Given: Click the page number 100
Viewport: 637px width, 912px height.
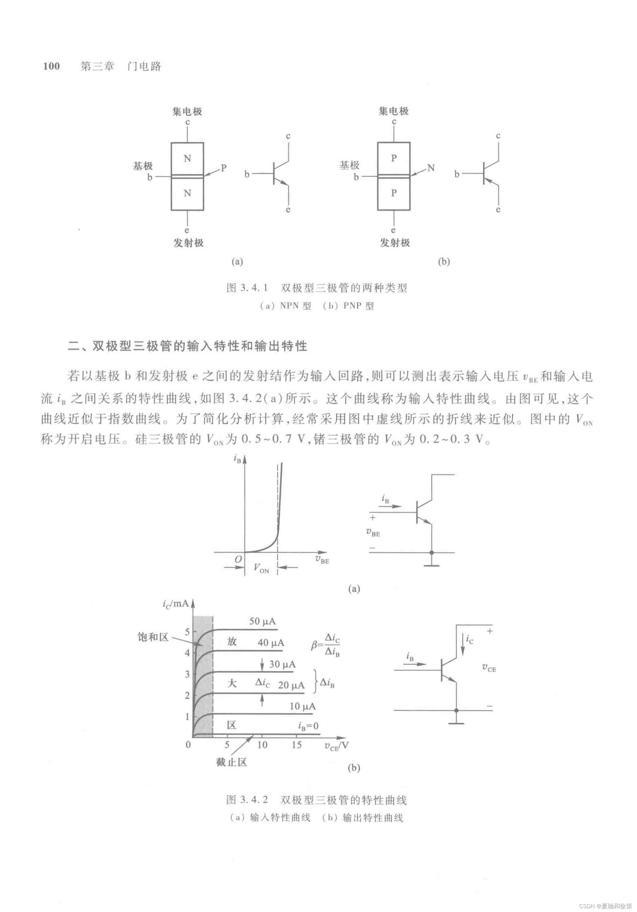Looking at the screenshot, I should [51, 66].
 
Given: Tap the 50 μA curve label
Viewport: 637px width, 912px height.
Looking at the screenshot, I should [262, 621].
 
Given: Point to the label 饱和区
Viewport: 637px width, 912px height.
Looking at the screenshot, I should [153, 637].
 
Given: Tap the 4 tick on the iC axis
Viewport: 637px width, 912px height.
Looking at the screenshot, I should [187, 653].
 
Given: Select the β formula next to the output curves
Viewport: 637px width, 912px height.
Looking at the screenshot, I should [326, 644].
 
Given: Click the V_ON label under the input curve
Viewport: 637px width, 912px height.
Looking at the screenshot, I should [261, 568].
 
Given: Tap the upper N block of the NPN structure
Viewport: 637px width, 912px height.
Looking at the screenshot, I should [187, 158].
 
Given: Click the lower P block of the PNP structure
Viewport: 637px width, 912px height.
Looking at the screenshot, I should [394, 193].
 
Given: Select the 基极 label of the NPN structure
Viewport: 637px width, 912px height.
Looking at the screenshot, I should [143, 166].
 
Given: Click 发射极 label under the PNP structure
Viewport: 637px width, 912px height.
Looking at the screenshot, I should [395, 243].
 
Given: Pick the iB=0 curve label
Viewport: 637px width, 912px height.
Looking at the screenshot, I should [308, 726].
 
